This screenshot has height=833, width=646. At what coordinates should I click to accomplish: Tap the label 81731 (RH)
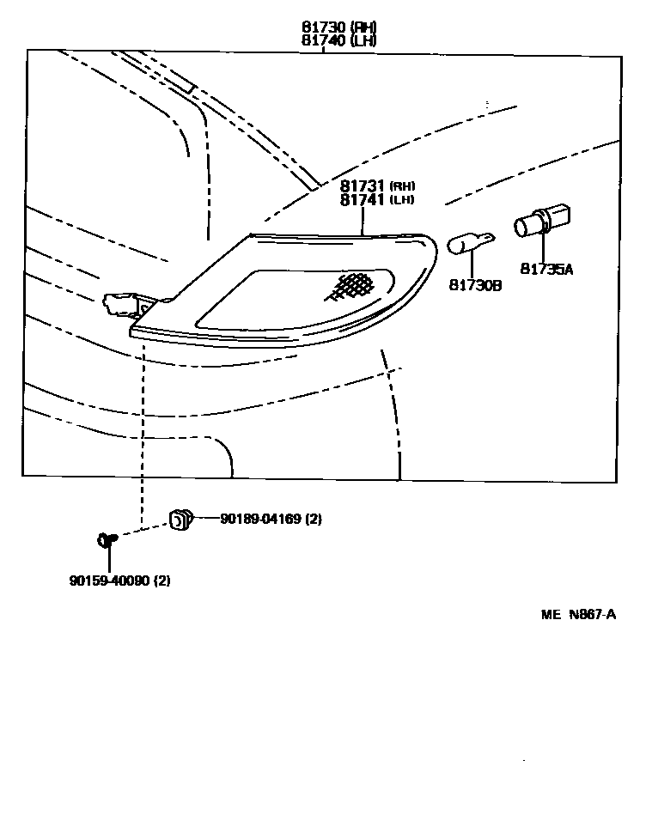click(377, 186)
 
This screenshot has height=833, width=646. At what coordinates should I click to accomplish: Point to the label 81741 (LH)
click(377, 200)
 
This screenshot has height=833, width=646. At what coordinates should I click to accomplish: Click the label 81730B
click(475, 284)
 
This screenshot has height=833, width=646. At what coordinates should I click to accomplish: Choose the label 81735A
click(545, 269)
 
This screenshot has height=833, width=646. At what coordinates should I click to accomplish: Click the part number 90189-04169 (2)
click(271, 519)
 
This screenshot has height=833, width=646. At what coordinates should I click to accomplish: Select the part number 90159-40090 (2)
click(120, 581)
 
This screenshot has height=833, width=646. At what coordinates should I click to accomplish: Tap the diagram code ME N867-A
click(579, 614)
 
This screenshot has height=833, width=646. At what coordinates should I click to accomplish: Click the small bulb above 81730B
click(472, 244)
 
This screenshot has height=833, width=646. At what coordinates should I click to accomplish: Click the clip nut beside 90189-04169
click(180, 519)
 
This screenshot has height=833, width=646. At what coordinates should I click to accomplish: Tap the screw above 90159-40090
click(107, 539)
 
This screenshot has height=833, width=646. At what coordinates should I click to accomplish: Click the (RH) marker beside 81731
click(402, 186)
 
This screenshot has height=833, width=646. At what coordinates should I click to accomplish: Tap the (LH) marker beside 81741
click(402, 200)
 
